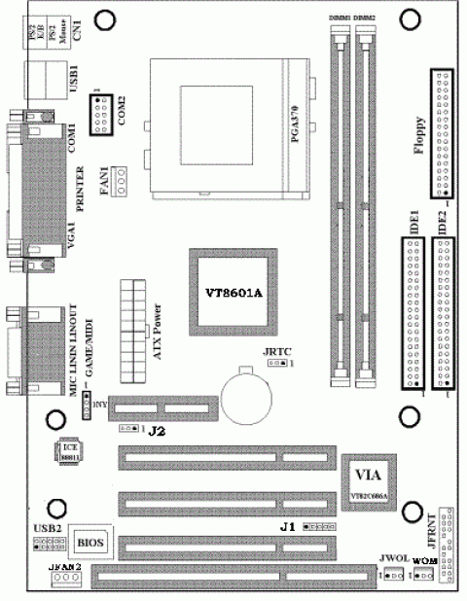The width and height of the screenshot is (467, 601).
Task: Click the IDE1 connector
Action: (411, 316)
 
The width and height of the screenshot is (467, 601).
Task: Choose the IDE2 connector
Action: (449, 316)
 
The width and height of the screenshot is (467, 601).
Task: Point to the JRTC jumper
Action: (276, 363)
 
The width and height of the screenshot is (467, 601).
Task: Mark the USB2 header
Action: (47, 544)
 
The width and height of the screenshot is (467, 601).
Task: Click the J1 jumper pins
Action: (313, 526)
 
